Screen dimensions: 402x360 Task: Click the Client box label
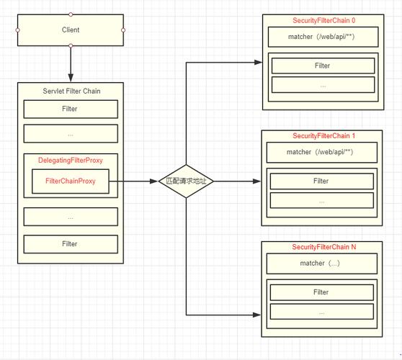(71, 30)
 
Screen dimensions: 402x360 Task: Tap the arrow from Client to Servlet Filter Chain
(71, 64)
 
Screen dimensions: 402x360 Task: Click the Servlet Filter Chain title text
(71, 91)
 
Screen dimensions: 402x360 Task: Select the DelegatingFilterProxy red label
(71, 160)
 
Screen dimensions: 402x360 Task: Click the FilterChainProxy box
(71, 181)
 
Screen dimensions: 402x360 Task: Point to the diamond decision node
(186, 181)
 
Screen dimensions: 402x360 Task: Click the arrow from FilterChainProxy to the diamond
(133, 181)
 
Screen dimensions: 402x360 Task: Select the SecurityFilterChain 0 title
(323, 20)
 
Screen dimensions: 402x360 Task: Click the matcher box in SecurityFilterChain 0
(323, 37)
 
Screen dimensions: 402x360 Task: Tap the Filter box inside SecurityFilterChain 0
(323, 66)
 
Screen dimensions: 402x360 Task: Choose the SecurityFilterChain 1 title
(323, 136)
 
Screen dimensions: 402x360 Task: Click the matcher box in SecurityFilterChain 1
(322, 152)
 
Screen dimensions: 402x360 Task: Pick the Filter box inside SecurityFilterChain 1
(322, 181)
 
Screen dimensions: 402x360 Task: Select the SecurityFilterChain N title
(324, 247)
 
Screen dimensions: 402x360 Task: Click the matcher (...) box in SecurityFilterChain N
(322, 264)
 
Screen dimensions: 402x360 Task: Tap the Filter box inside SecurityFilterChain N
(322, 292)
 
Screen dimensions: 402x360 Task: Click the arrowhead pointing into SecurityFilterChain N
(257, 315)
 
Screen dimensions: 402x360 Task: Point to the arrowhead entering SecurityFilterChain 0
(258, 62)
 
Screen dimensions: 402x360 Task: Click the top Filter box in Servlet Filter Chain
(71, 109)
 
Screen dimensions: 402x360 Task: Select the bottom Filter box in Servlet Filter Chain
(71, 244)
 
